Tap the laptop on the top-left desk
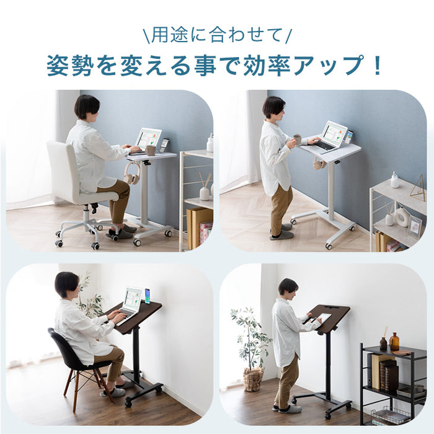click(x=148, y=140)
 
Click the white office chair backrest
click(x=62, y=167)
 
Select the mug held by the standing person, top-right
click(x=298, y=139)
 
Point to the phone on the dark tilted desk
click(x=147, y=296)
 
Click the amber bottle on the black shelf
click(x=394, y=342)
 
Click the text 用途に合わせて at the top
click(x=216, y=35)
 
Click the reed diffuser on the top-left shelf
click(x=204, y=187)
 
